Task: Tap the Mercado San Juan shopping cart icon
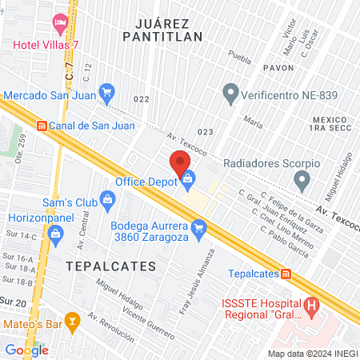pyautogui.click(x=107, y=91)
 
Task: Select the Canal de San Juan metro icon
pyautogui.click(x=42, y=125)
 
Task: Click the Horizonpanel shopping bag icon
pyautogui.click(x=55, y=234)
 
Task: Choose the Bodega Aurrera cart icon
pyautogui.click(x=199, y=229)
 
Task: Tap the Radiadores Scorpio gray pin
pyautogui.click(x=302, y=180)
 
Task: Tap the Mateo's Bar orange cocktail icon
pyautogui.click(x=74, y=324)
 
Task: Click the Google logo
pyautogui.click(x=26, y=350)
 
